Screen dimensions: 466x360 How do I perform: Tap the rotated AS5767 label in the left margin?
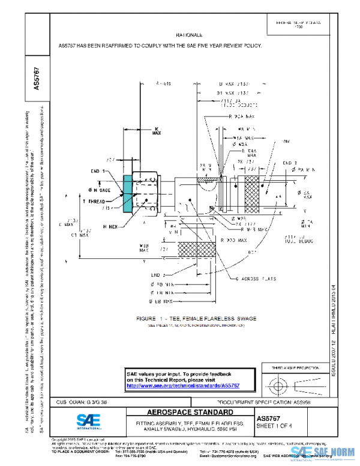(37, 79)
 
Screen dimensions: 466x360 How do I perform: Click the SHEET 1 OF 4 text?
(275, 426)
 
